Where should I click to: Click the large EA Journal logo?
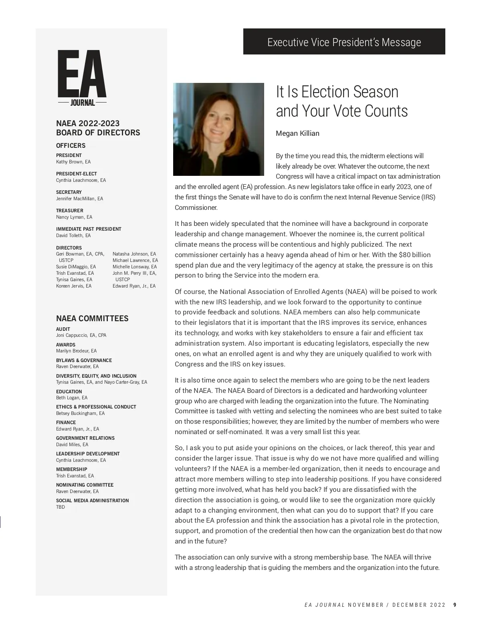(x=82, y=78)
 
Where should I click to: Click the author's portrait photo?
(x=218, y=129)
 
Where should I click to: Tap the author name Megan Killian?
(x=297, y=133)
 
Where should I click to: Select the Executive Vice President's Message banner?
(x=344, y=42)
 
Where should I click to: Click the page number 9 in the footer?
(x=455, y=605)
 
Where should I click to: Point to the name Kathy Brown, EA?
(x=73, y=162)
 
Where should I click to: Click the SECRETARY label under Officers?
(x=69, y=192)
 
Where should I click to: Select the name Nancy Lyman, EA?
(x=74, y=217)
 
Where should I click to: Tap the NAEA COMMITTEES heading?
(x=92, y=318)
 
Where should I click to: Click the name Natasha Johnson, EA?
(x=134, y=254)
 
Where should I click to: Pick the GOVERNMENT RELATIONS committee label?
(x=85, y=438)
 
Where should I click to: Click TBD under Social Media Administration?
(x=61, y=507)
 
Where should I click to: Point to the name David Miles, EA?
(x=72, y=445)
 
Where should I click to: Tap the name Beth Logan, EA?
(x=72, y=398)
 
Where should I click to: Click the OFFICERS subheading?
(x=71, y=145)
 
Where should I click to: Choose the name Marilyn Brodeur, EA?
(x=76, y=351)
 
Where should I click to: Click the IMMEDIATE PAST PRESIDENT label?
(x=89, y=229)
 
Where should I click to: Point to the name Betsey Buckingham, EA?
(x=80, y=413)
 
